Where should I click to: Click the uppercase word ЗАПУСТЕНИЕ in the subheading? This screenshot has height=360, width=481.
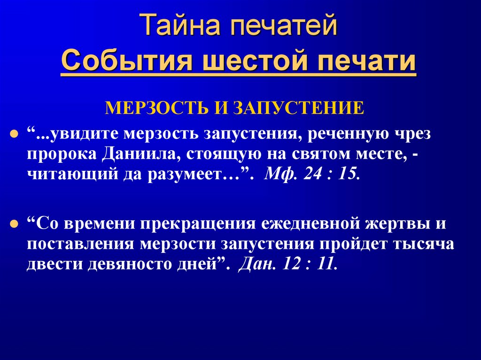coord(300,107)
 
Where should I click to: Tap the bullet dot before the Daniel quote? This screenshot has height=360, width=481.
coord(15,223)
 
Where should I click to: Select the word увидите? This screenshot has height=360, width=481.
coord(85,135)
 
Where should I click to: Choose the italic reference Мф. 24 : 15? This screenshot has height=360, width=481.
coord(313,176)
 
